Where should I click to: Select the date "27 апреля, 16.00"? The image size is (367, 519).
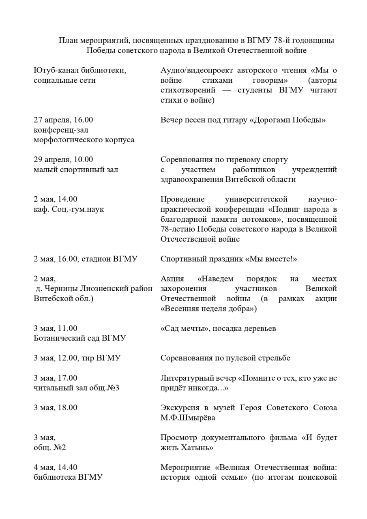63,120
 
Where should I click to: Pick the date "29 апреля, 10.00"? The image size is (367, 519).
63,159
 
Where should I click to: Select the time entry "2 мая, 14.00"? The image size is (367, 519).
56,199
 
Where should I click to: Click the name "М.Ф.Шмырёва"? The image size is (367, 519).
188,418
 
